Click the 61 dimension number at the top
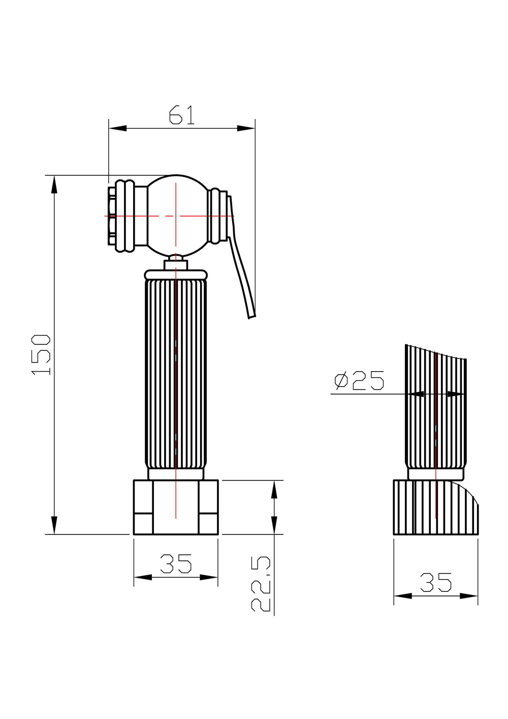[182, 114]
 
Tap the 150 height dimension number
[41, 354]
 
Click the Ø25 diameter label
[359, 380]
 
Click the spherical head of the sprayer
[176, 216]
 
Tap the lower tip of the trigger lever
[252, 317]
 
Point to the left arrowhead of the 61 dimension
[117, 128]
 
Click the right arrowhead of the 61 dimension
[246, 128]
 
